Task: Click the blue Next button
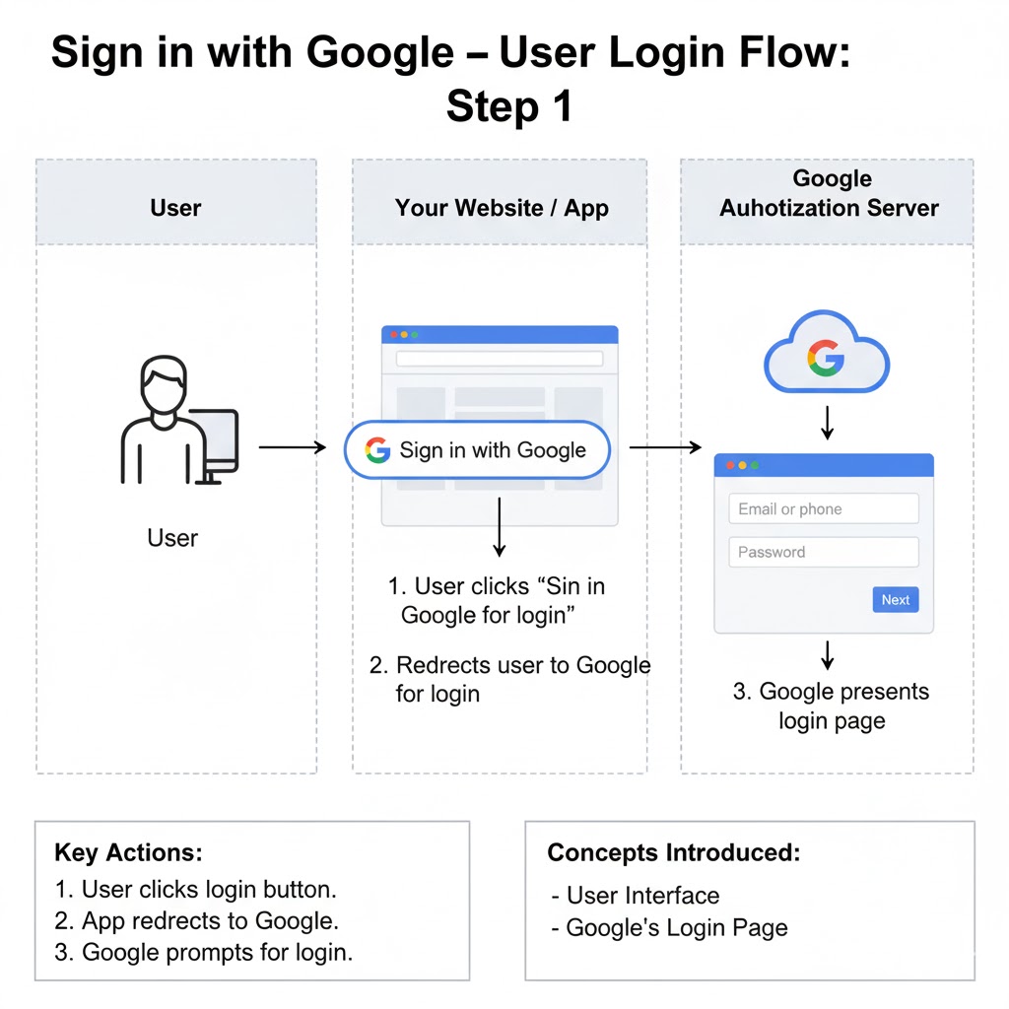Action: [x=895, y=599]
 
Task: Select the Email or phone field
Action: [x=823, y=509]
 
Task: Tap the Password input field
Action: [x=823, y=552]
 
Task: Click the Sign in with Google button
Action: [x=477, y=450]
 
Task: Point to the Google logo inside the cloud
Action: [x=826, y=360]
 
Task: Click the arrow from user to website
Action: [x=292, y=447]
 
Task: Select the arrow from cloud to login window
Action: [x=828, y=421]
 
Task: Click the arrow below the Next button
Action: [x=828, y=654]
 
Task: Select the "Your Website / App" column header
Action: [x=501, y=208]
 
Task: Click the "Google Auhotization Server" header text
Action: [x=829, y=193]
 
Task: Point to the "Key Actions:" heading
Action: [x=128, y=852]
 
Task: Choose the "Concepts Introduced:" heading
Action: [x=674, y=852]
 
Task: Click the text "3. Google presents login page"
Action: [x=831, y=706]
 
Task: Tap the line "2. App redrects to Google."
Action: [x=197, y=921]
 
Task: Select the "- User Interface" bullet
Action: [x=636, y=896]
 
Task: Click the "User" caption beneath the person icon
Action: [x=172, y=538]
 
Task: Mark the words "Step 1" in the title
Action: [x=508, y=106]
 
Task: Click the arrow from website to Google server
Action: [x=665, y=448]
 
